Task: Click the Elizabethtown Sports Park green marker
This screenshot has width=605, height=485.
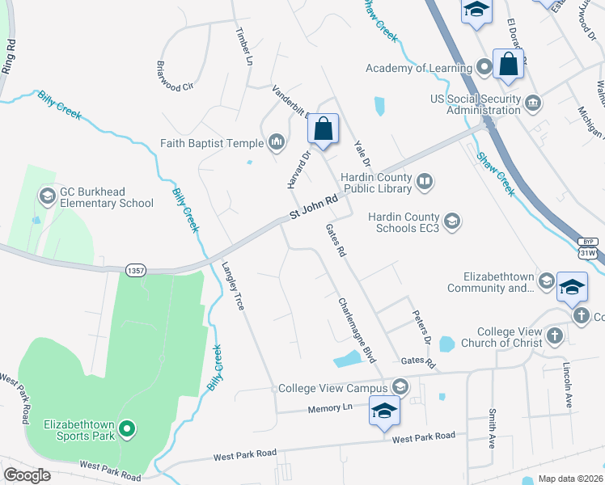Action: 126,428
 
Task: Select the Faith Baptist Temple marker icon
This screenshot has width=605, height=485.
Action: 277,143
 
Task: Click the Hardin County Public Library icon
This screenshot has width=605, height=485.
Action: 425,182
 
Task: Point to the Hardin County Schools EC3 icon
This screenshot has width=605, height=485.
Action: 452,221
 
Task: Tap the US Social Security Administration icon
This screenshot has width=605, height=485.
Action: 533,103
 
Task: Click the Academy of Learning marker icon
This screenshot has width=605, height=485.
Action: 484,68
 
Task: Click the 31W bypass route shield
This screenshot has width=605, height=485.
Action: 588,248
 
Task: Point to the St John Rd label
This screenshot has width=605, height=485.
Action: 314,209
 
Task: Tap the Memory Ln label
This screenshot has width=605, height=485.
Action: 331,409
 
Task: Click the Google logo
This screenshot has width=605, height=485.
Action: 27,475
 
